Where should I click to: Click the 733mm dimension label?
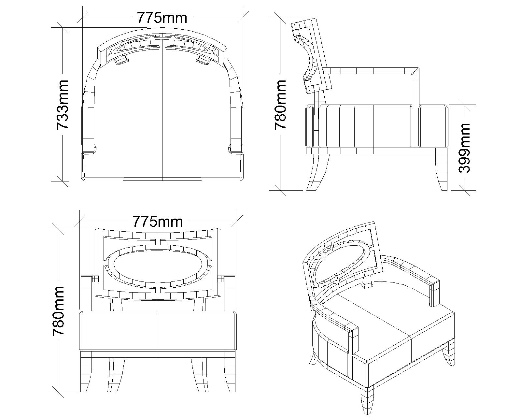pos(63,104)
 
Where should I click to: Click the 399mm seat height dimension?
pos(464,147)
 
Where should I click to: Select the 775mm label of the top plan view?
pos(162,18)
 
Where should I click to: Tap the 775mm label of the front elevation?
pos(157,222)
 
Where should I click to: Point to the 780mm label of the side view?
pos(280,104)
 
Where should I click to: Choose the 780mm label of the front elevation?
pos(59,311)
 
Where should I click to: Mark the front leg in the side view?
pos(442,169)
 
